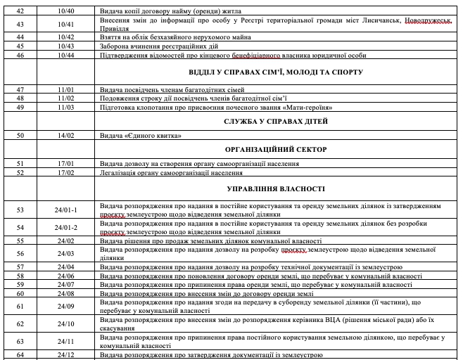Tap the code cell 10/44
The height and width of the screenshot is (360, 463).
(x=68, y=55)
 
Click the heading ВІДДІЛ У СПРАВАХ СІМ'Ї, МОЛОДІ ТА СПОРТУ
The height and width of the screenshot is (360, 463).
(x=276, y=72)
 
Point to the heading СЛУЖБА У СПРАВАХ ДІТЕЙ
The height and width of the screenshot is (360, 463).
(x=276, y=121)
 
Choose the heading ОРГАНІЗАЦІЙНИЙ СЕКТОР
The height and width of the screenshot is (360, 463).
(x=276, y=150)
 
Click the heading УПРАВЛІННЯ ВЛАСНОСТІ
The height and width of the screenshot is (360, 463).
(x=276, y=189)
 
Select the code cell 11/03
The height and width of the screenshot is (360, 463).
(x=68, y=107)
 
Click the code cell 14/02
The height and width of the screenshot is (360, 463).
(x=68, y=135)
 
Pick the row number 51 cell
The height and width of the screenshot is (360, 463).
(x=20, y=163)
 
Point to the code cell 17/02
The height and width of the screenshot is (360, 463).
(x=68, y=172)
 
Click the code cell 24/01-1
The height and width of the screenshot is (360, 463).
(x=68, y=210)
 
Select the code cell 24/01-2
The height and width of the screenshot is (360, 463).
(x=68, y=228)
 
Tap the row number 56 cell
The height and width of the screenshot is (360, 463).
(x=20, y=254)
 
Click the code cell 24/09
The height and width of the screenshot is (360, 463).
(x=68, y=307)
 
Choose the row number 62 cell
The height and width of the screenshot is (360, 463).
(x=20, y=324)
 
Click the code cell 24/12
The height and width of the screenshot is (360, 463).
(x=68, y=355)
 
